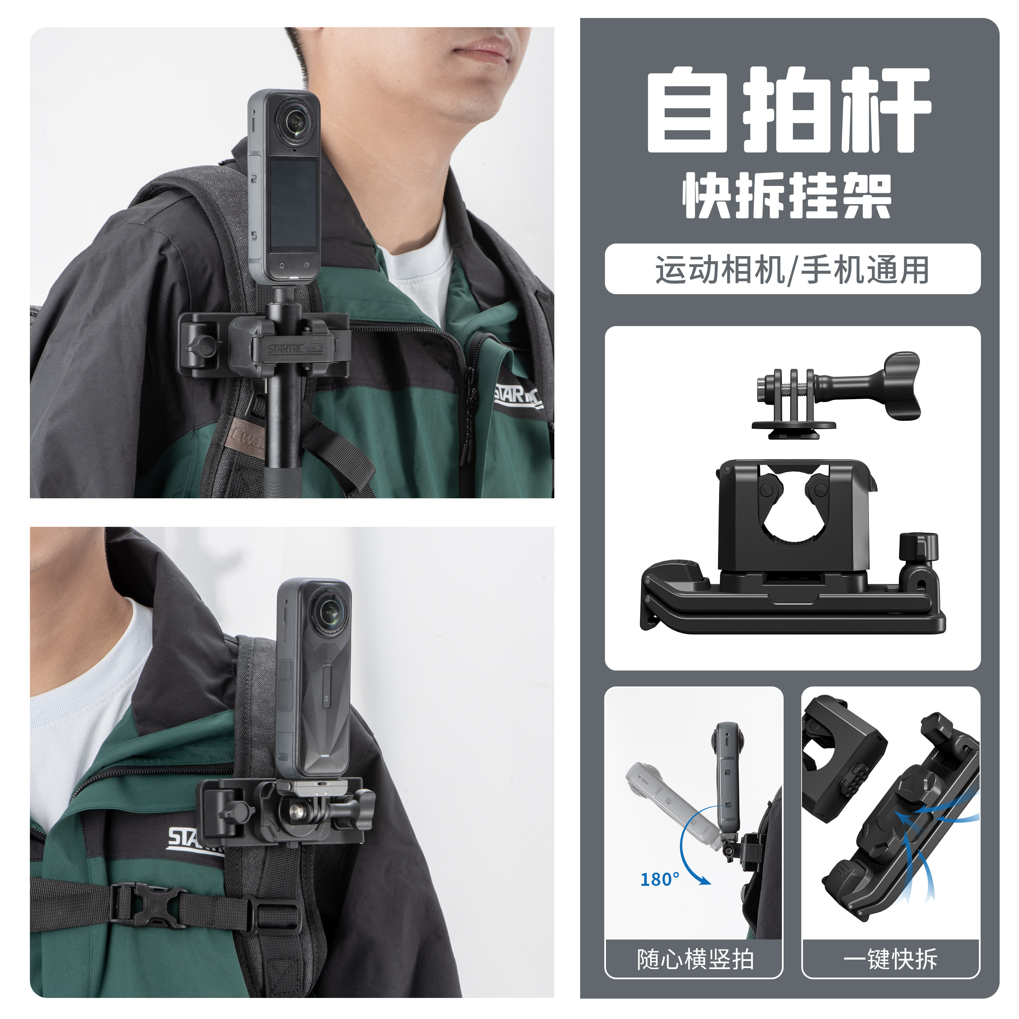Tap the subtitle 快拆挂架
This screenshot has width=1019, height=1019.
point(787,196)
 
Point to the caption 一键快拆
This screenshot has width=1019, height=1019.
point(890,959)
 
